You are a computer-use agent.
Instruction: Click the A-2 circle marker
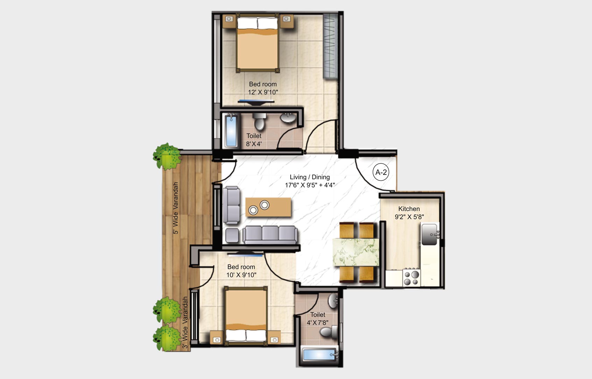coord(381,172)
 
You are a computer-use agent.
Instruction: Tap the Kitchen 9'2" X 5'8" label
coord(409,213)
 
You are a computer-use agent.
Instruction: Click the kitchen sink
coord(429,234)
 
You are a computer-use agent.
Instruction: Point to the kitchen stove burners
coord(411,277)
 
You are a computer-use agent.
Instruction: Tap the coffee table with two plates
coord(268,207)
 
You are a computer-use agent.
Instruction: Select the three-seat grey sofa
coord(270,234)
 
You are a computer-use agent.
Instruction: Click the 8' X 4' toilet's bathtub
coord(231,131)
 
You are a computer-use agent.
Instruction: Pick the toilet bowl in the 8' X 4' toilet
coord(259,122)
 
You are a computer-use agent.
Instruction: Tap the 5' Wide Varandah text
coord(176,208)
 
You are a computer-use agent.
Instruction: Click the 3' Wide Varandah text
coord(185,323)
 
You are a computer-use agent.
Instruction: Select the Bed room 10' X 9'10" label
coord(241,271)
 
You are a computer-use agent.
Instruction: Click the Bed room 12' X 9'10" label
coord(263,88)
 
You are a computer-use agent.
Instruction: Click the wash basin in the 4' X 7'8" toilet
coord(333,301)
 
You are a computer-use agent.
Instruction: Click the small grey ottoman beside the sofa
coord(232,235)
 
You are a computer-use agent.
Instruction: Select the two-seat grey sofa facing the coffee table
coord(232,205)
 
